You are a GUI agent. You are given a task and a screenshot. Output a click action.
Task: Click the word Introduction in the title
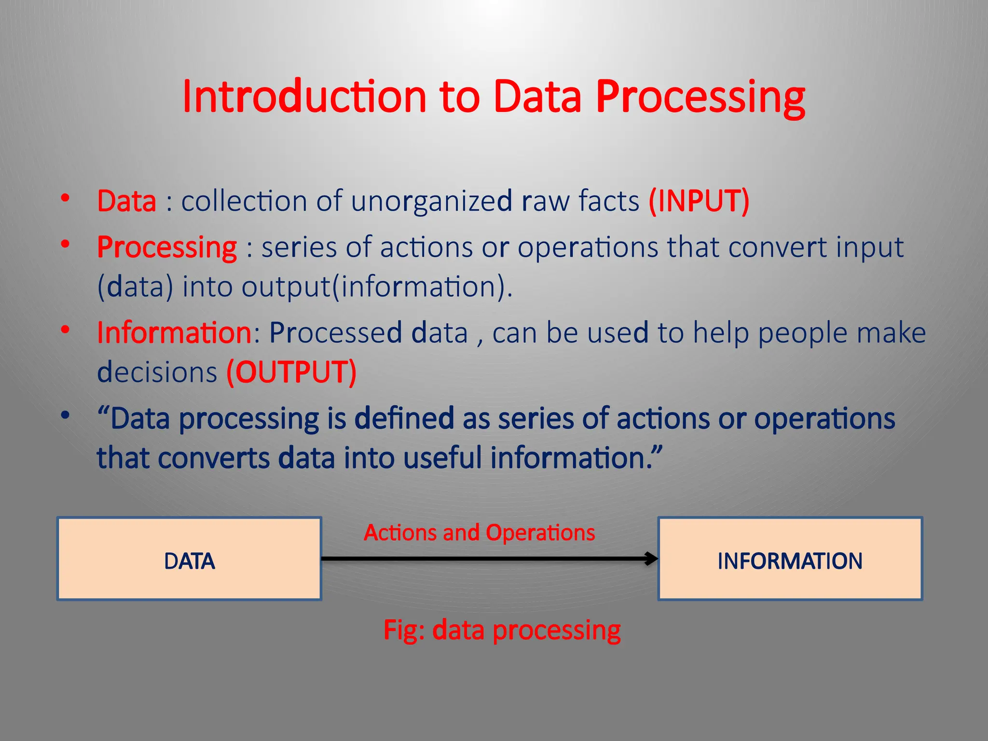click(304, 96)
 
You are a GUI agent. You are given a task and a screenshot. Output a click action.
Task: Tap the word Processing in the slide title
click(700, 96)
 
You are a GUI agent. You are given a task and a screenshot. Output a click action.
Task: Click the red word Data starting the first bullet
click(126, 201)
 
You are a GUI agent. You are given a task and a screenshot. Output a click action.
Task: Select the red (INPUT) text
click(699, 201)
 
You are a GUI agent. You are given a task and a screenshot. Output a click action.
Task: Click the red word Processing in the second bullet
click(167, 248)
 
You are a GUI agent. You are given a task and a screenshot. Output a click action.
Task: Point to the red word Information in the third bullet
click(174, 333)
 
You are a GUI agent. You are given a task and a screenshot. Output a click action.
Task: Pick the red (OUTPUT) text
click(291, 372)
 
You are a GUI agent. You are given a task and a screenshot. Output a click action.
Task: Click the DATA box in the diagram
click(189, 559)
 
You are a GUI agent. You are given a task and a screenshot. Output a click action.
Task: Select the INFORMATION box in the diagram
click(790, 559)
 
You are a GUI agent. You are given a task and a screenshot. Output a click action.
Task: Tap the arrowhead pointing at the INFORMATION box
click(652, 559)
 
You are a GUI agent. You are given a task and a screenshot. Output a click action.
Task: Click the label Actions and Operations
click(479, 533)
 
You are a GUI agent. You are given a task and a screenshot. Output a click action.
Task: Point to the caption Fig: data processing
click(502, 630)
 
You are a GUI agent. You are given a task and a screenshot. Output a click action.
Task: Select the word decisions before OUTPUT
click(157, 372)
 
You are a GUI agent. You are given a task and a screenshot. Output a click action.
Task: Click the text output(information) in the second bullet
click(376, 287)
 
